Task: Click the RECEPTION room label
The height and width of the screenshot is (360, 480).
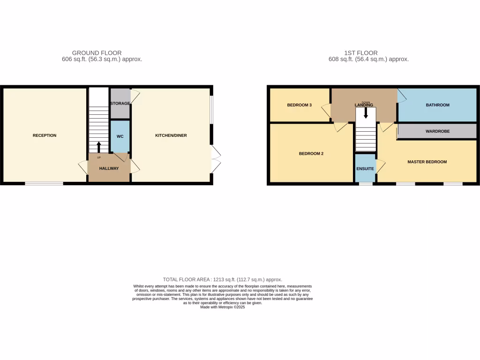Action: (x=45, y=135)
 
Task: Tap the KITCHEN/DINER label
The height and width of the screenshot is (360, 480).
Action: (x=171, y=135)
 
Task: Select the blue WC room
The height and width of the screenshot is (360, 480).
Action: (x=120, y=136)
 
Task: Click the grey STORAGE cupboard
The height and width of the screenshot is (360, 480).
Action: (x=120, y=103)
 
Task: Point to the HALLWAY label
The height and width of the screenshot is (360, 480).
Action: (x=109, y=168)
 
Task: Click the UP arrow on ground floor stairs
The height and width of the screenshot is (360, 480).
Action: (x=98, y=147)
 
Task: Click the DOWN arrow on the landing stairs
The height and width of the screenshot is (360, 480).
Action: (x=366, y=112)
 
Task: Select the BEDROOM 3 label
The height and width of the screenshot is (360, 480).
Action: (x=300, y=105)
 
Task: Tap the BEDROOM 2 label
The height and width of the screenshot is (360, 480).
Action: (x=311, y=153)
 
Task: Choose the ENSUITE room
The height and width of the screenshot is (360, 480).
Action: (x=365, y=168)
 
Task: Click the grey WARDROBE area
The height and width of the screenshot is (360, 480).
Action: (x=437, y=131)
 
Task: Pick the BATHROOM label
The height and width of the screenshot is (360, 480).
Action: (x=437, y=105)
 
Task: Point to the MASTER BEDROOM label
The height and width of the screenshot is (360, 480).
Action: (x=427, y=162)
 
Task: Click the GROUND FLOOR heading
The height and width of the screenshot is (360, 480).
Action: (x=97, y=53)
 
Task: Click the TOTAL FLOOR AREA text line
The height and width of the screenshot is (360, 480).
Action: (x=222, y=279)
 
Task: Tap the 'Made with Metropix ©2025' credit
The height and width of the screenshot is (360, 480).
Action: (x=222, y=307)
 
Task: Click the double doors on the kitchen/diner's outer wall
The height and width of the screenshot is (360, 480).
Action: (x=216, y=159)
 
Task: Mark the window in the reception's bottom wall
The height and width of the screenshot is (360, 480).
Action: (x=44, y=183)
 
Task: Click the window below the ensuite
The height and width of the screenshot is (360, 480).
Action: (x=366, y=184)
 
